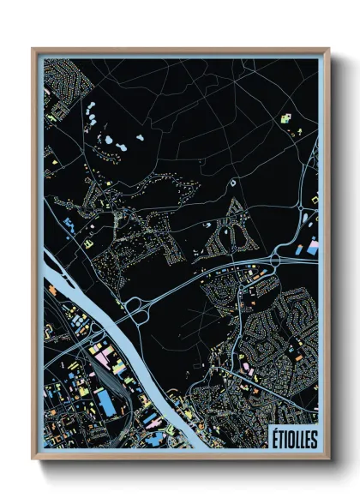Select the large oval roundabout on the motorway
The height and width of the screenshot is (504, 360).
(280, 258)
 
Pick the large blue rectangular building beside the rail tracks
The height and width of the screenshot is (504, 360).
(106, 401)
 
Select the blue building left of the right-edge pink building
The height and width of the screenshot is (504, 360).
(299, 250)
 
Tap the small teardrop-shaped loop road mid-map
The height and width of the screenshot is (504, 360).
(234, 183)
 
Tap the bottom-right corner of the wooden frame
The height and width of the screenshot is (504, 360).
(328, 459)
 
